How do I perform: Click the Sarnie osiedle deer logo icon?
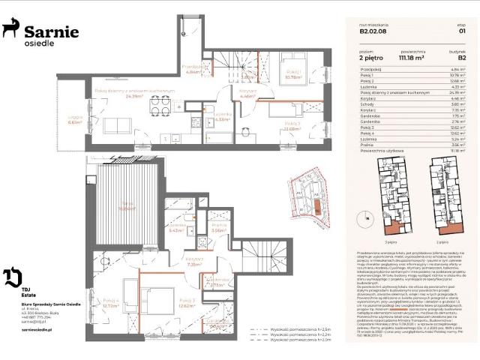[10, 29]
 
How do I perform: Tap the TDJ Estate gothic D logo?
[13, 277]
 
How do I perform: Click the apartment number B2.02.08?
[374, 31]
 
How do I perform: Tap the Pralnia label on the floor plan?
[218, 228]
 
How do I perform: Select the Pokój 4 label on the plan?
[109, 303]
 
